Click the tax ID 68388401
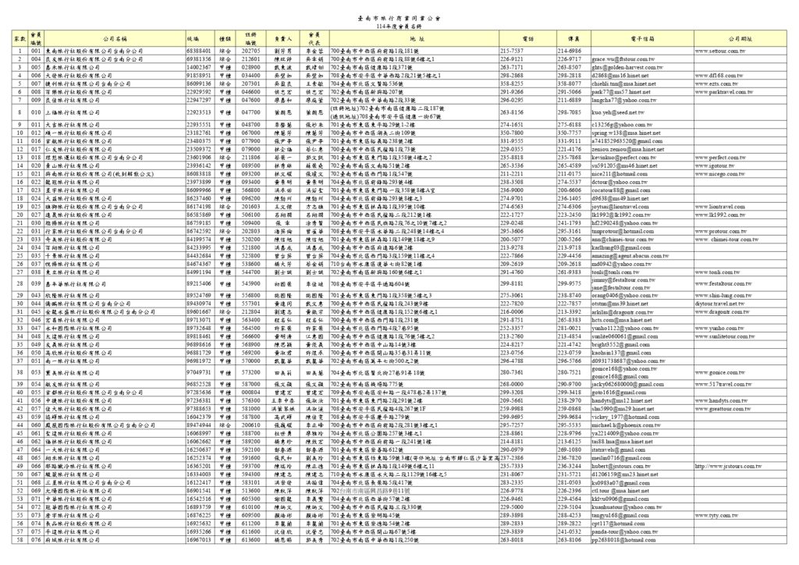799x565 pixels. [199, 50]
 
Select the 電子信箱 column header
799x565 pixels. [642, 38]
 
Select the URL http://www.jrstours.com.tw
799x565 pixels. [731, 466]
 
